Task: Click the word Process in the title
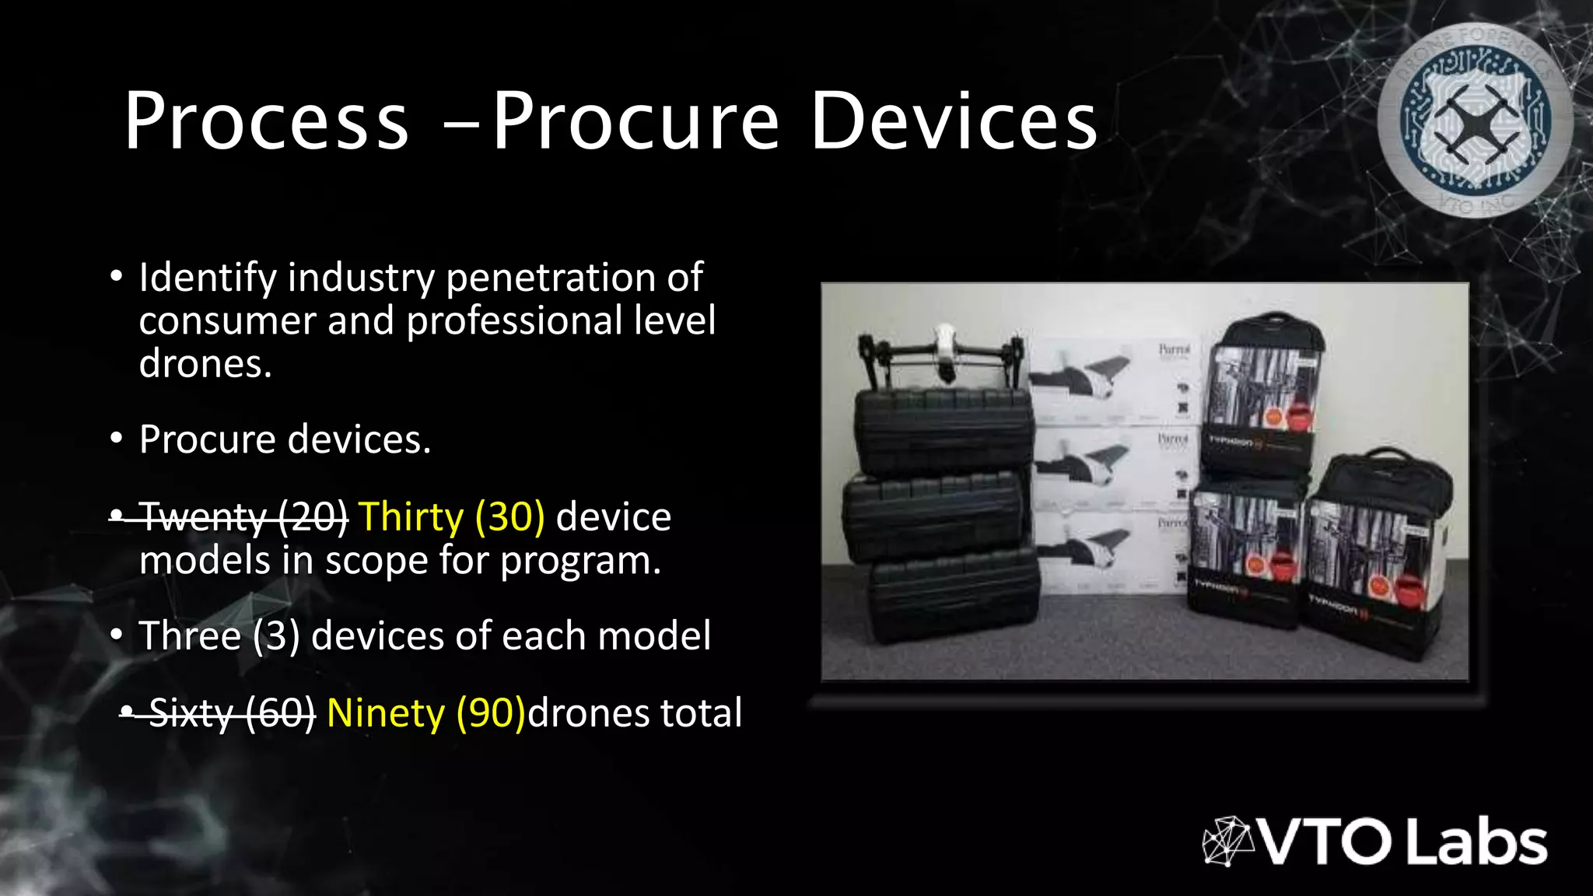point(266,121)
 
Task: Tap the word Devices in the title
point(954,121)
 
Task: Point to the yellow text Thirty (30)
point(451,516)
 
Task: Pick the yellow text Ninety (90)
point(426,712)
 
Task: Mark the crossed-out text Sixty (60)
point(232,712)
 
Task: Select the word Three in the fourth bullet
point(190,635)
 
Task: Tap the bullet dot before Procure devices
point(116,439)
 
